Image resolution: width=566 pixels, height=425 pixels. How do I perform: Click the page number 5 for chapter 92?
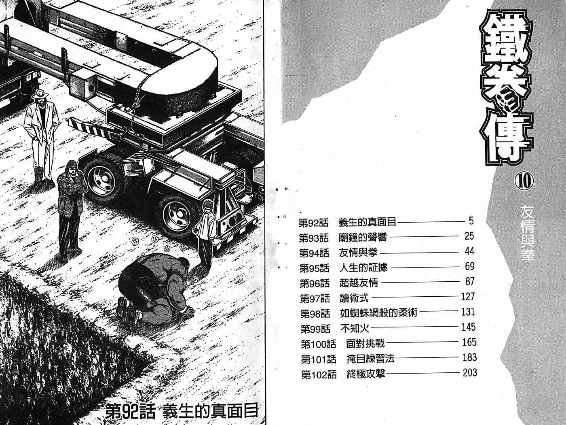[x=471, y=221]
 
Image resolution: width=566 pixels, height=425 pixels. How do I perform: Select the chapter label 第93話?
[x=314, y=238]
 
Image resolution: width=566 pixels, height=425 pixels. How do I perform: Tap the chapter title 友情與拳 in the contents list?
[x=358, y=253]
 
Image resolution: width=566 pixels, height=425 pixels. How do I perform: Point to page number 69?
[x=469, y=266]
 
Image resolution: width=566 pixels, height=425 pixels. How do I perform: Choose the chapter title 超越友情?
[x=359, y=283]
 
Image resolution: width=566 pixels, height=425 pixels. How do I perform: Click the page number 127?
[x=468, y=297]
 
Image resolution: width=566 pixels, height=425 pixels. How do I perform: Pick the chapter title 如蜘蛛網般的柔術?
[x=378, y=313]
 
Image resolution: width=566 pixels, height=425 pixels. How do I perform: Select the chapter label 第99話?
[x=315, y=329]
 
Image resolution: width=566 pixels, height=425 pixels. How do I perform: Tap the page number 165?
[x=469, y=342]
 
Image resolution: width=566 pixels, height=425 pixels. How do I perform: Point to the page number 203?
[x=470, y=373]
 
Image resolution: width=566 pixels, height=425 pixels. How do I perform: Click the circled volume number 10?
[x=524, y=182]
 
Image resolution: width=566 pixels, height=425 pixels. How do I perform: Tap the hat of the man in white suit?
[x=41, y=93]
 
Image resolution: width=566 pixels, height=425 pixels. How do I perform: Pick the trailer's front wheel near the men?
[x=102, y=178]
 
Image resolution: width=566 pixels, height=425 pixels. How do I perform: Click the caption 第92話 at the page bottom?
[x=131, y=411]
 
